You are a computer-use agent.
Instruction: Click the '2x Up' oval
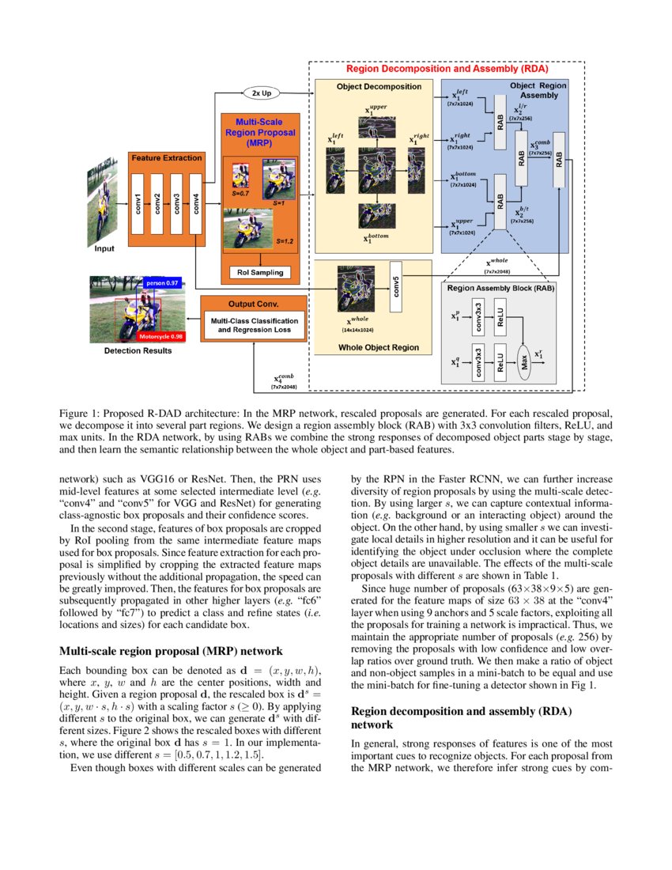261,93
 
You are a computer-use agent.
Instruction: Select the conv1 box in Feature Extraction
138,203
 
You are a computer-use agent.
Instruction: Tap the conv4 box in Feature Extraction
195,203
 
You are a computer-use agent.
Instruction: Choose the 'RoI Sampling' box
259,273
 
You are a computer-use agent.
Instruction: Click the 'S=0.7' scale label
241,192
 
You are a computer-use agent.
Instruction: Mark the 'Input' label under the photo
104,248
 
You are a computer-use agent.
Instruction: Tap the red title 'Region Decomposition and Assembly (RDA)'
446,70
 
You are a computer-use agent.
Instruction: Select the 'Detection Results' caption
137,350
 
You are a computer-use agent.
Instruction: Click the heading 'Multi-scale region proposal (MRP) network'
171,651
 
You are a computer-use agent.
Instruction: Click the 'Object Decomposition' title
373,86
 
